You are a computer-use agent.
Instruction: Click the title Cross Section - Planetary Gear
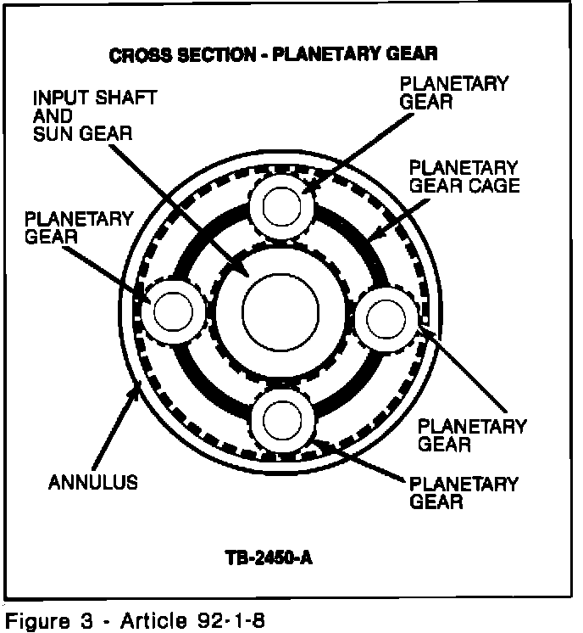pos(274,55)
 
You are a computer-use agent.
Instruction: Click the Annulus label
pos(92,483)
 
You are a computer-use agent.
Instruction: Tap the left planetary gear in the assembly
pos(173,311)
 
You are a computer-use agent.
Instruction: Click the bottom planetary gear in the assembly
pos(280,417)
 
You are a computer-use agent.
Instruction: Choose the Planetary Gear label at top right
pos(453,92)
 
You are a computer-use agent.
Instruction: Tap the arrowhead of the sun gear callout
pos(247,275)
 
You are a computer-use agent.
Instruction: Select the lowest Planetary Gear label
pos(463,492)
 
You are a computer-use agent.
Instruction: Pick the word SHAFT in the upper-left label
pos(126,97)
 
